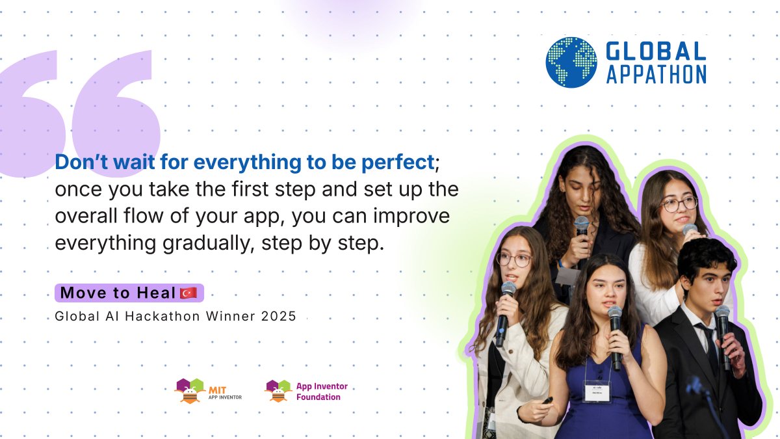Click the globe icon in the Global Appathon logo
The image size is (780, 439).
571,62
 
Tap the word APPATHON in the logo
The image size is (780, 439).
656,74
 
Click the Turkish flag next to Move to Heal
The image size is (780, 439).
188,293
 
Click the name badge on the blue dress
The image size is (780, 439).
596,390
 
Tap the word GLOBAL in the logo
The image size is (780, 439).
655,51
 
